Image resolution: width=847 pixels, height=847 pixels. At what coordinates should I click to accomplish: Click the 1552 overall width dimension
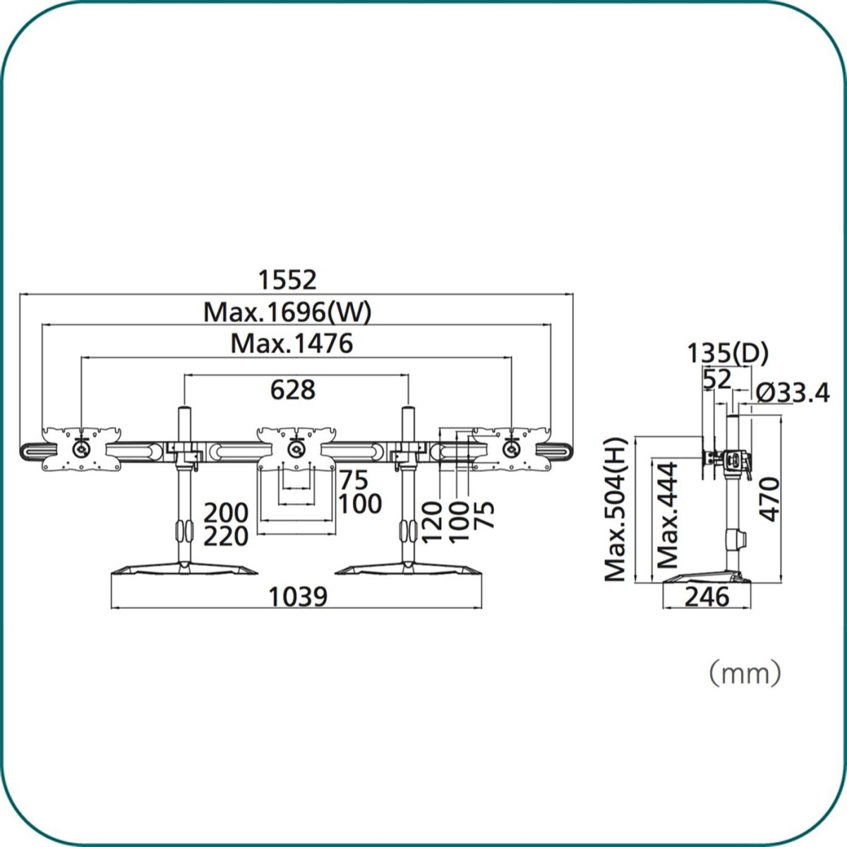(x=287, y=280)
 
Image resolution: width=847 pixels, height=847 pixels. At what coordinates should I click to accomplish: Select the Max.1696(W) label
(x=287, y=312)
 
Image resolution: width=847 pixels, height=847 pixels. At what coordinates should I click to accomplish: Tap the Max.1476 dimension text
(x=292, y=344)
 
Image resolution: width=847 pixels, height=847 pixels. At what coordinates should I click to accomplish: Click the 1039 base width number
(x=299, y=597)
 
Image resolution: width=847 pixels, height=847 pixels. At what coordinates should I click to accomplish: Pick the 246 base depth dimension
(x=707, y=597)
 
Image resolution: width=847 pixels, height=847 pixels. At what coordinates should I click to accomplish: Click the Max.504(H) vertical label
(x=616, y=510)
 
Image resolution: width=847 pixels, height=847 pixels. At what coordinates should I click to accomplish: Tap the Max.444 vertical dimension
(x=667, y=515)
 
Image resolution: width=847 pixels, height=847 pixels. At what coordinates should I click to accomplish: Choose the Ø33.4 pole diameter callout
(x=793, y=392)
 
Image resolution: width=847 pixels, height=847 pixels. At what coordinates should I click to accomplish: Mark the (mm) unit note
(x=745, y=673)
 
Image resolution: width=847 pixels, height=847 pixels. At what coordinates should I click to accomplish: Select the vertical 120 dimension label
(x=432, y=521)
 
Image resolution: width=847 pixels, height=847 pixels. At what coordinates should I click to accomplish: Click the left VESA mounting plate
(x=81, y=447)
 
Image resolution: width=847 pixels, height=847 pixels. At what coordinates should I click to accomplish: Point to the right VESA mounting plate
(x=510, y=447)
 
